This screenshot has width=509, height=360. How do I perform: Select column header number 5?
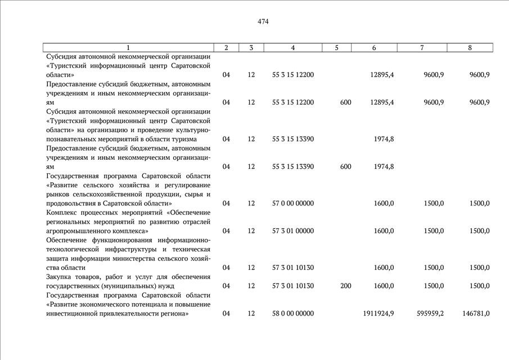tap(336, 48)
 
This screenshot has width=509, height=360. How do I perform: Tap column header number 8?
tap(470, 48)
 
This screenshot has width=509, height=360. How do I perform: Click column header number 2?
tap(226, 48)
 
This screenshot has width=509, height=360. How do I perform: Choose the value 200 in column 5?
tap(346, 286)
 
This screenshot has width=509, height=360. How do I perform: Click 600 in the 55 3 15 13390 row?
tap(346, 166)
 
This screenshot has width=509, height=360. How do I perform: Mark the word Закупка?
tap(60, 277)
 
